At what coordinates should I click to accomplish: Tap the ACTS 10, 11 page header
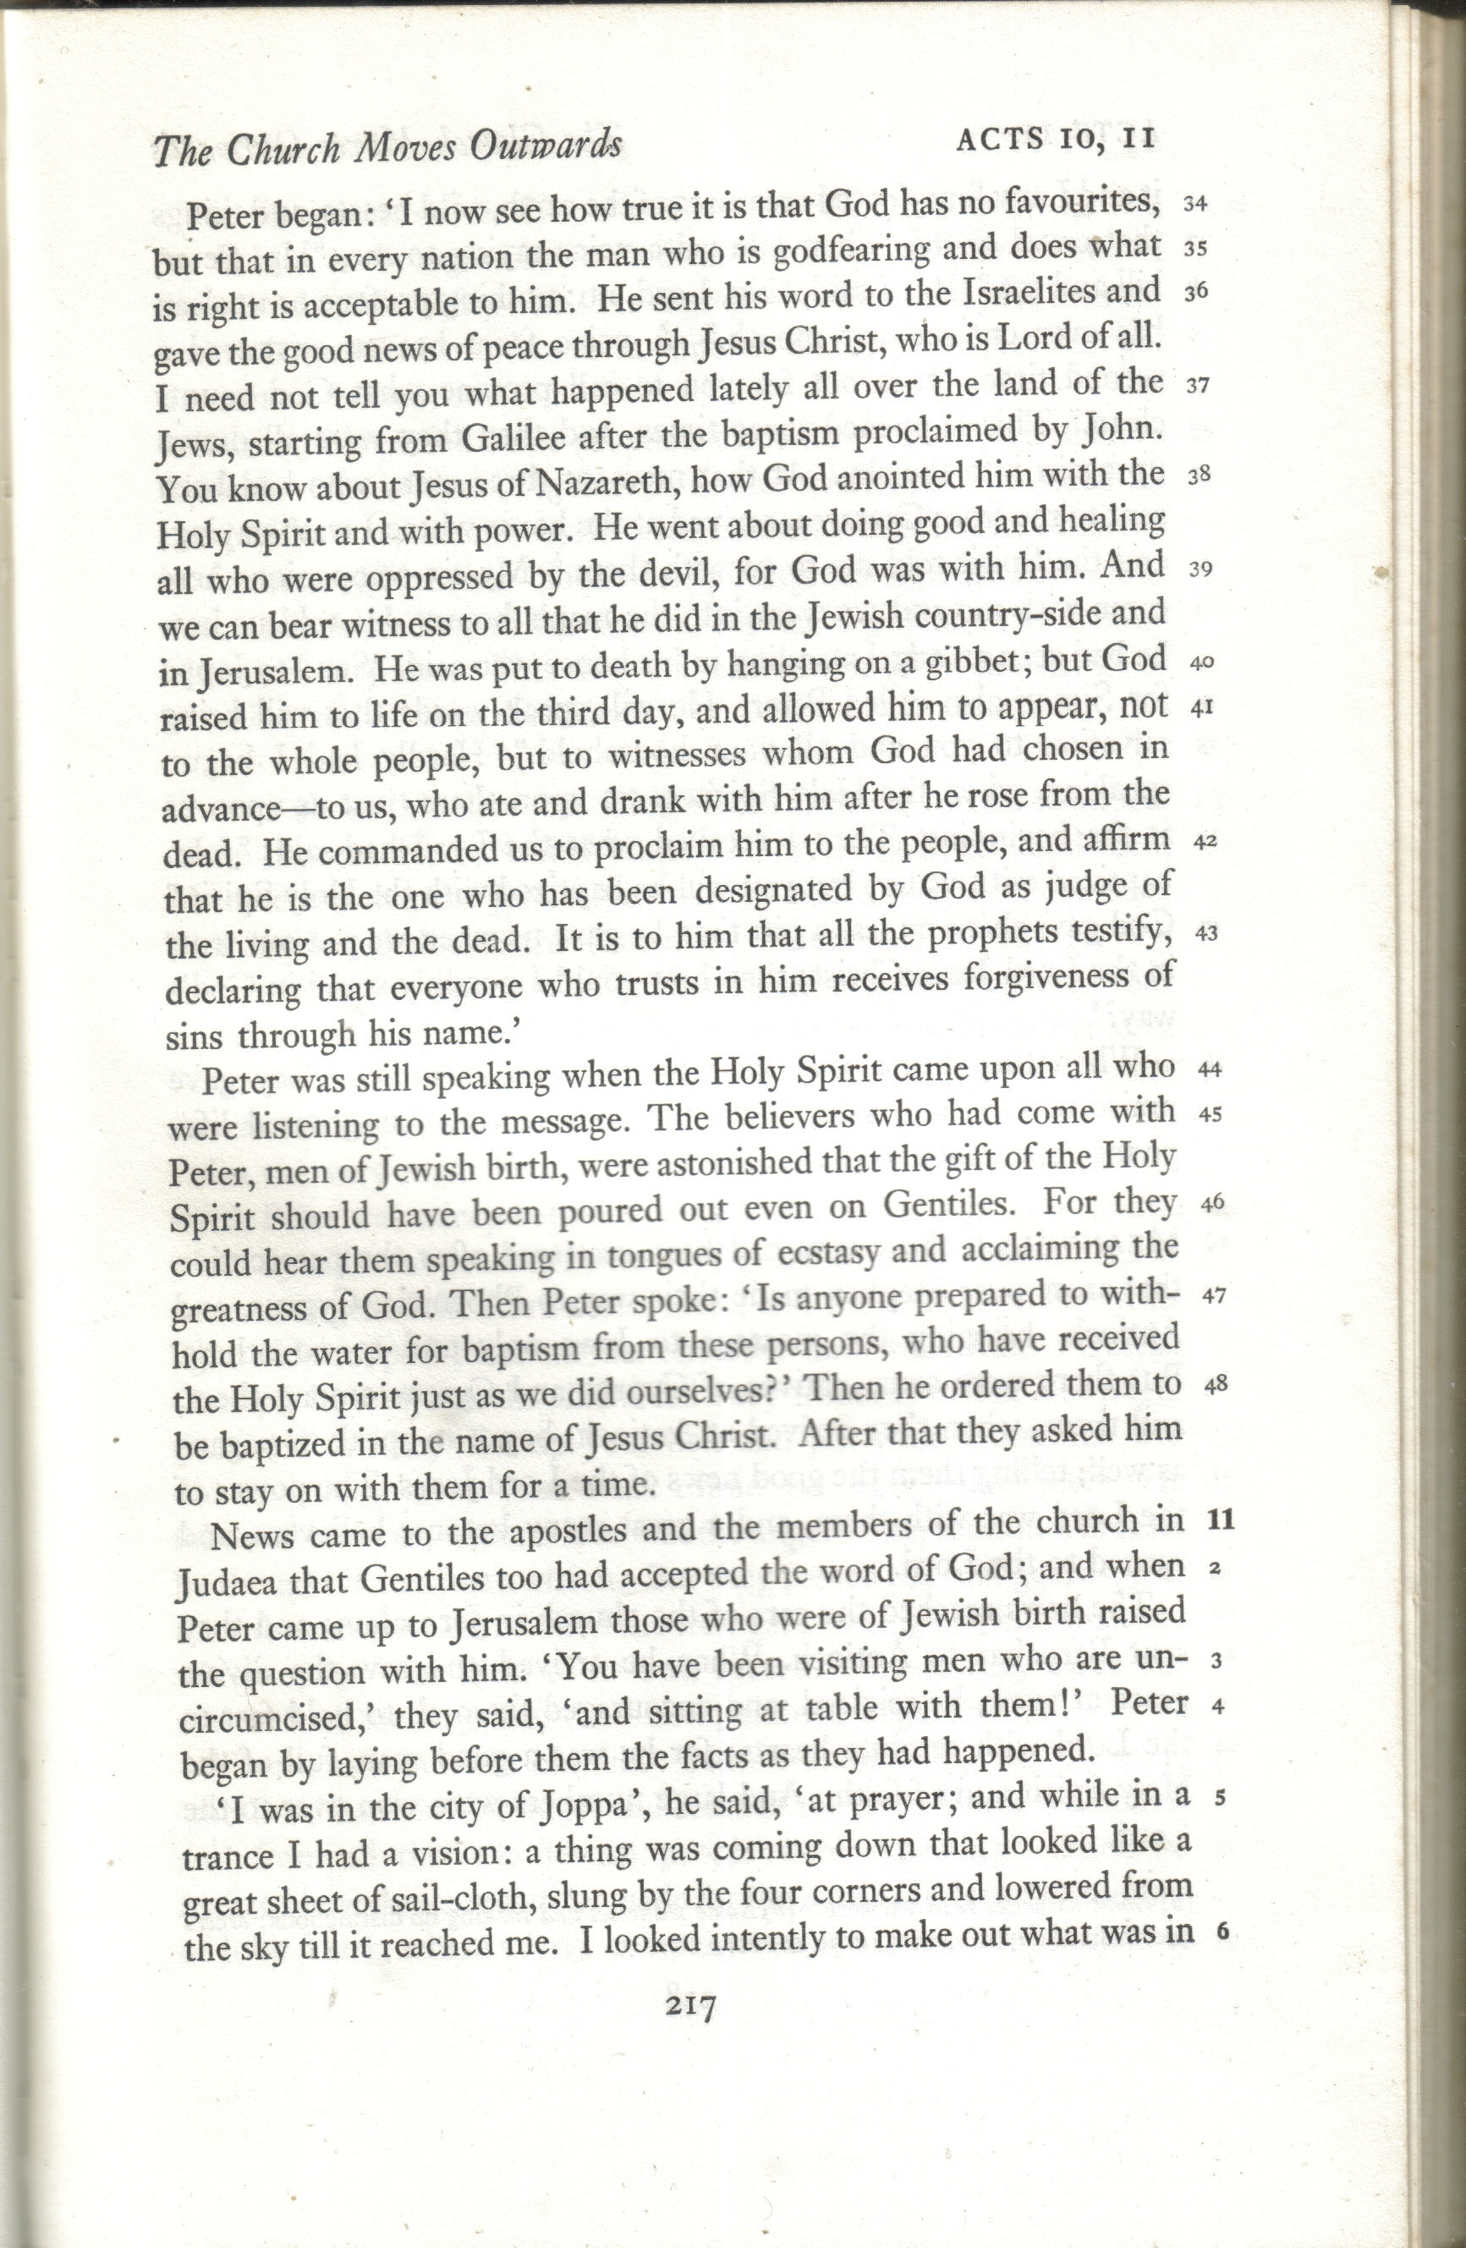[x=1056, y=140]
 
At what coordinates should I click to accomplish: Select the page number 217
[x=690, y=2005]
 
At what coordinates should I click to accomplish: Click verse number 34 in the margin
[x=1195, y=204]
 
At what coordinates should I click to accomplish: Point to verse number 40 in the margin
[x=1201, y=663]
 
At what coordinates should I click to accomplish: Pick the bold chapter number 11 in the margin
[x=1222, y=1520]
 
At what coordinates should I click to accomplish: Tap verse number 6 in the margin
[x=1223, y=1931]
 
